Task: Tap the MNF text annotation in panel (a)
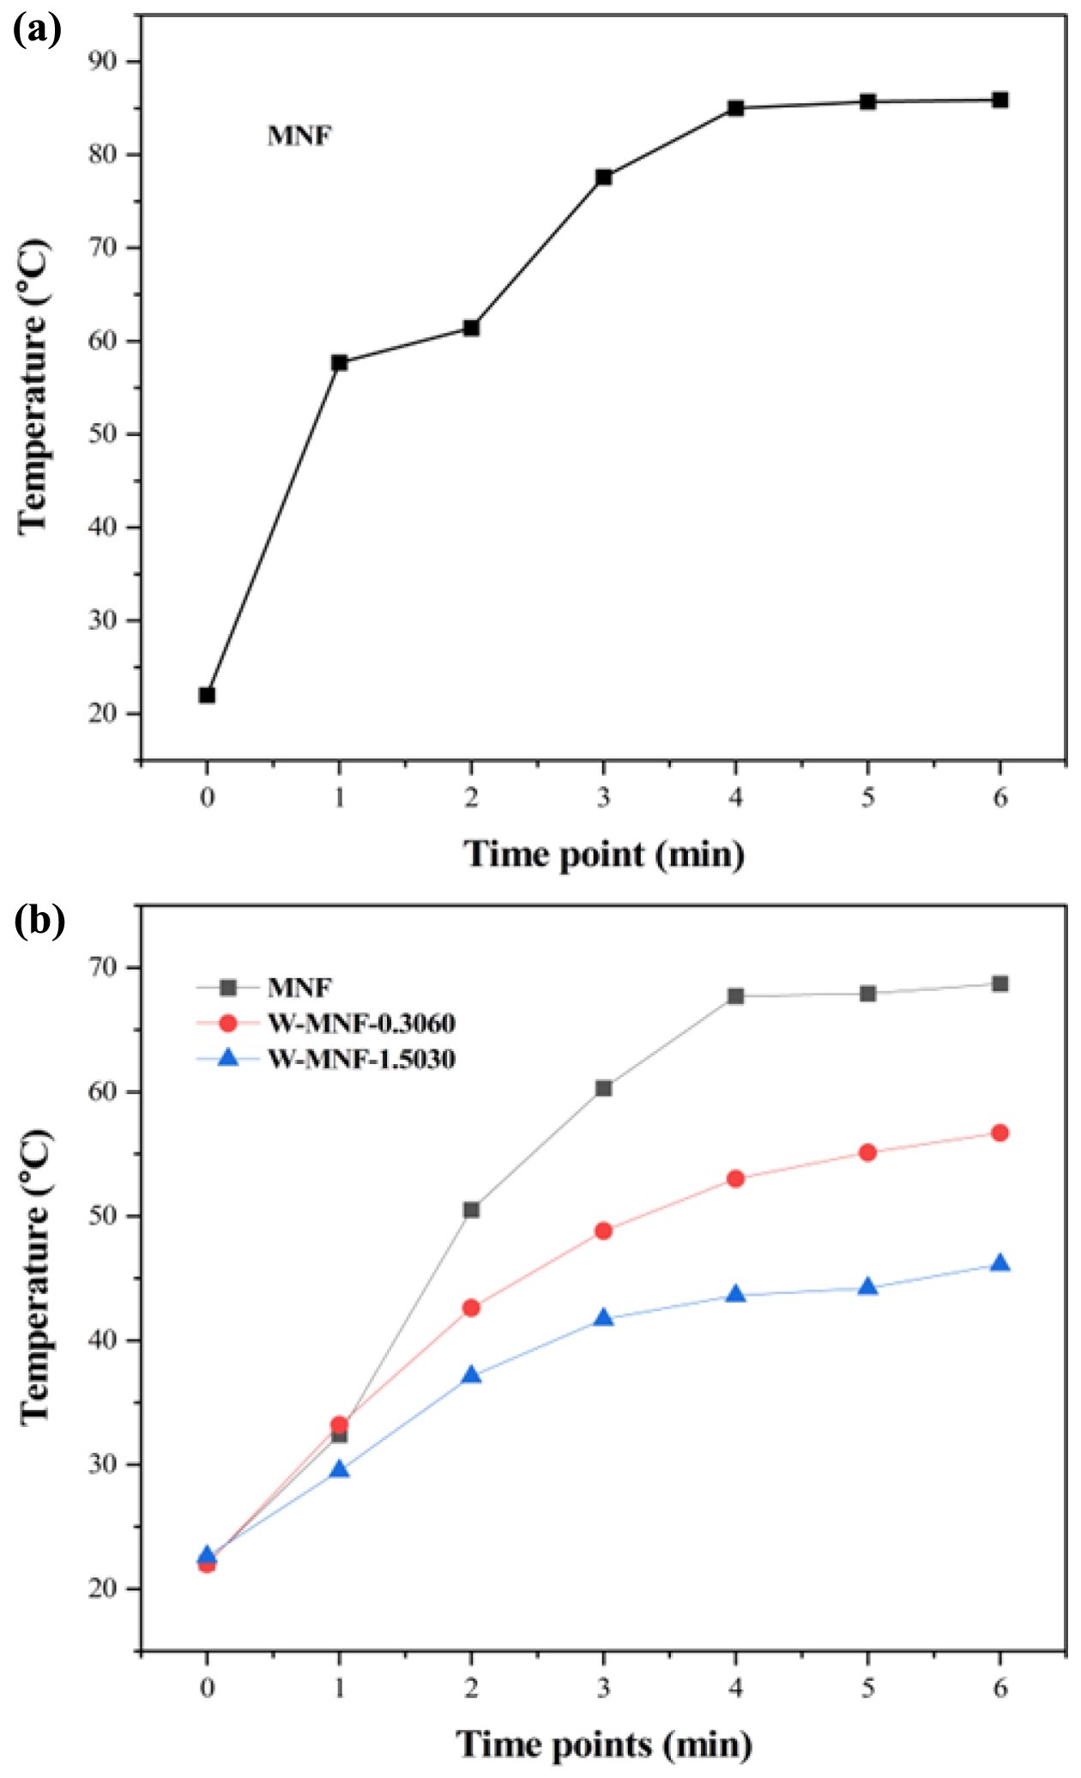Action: coord(299,136)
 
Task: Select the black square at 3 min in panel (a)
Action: coord(603,178)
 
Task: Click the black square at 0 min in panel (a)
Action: coord(207,695)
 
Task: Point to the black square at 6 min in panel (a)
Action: coord(999,100)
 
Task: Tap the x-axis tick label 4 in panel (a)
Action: coord(735,798)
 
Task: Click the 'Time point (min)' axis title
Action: coord(604,855)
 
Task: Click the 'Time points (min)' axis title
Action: coord(604,1745)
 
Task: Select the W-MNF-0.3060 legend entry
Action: coord(360,1024)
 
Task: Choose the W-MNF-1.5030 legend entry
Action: coord(360,1060)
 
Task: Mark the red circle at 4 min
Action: coord(735,1179)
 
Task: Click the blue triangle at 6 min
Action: coord(999,1264)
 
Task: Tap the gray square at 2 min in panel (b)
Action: coord(471,1210)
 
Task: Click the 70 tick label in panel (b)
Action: coord(105,968)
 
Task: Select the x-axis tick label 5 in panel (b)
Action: coord(867,1688)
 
